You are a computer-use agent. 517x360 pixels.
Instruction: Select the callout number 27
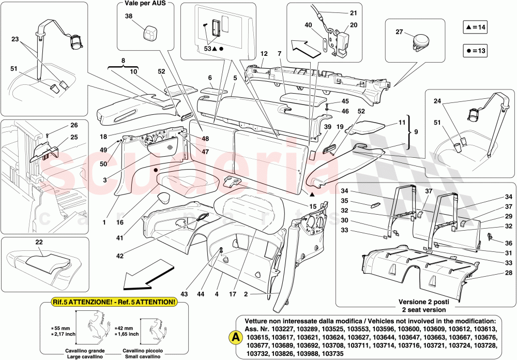[x=399, y=32]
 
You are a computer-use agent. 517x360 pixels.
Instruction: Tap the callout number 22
[x=39, y=242]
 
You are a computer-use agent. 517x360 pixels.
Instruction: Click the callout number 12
[x=264, y=54]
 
